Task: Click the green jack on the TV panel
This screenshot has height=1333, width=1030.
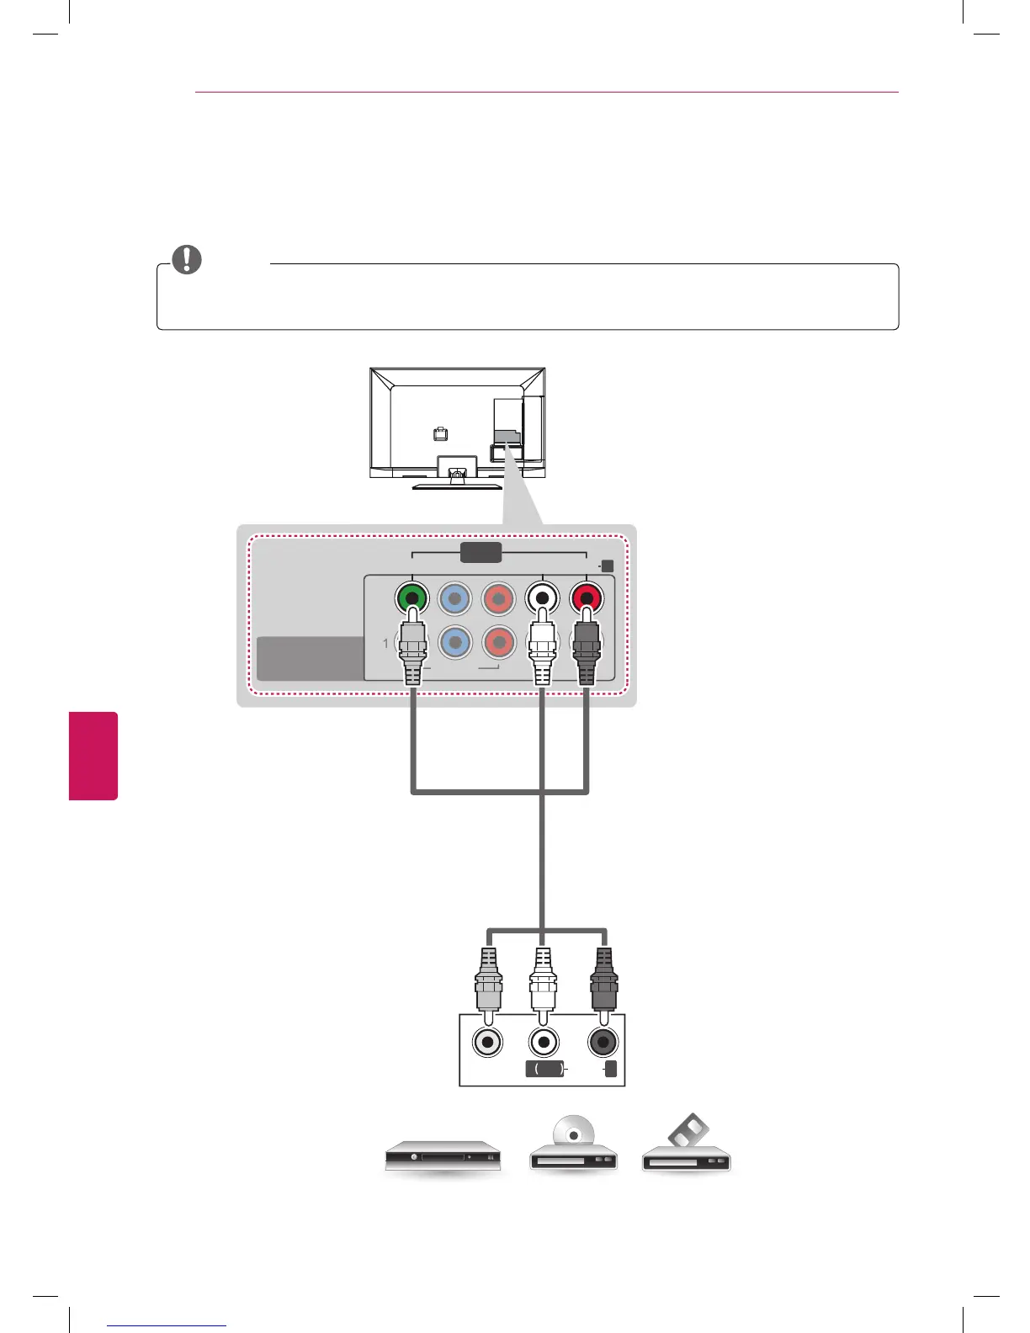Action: pos(411,599)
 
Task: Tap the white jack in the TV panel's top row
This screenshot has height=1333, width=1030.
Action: pos(543,599)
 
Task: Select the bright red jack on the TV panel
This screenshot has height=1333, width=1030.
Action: pos(587,599)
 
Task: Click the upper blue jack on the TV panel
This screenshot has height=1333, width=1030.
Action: pos(455,599)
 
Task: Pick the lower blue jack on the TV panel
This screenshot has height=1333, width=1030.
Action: pos(455,642)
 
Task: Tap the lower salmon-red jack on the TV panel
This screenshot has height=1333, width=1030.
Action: pos(499,642)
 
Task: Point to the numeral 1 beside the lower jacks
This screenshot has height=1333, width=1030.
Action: pos(386,643)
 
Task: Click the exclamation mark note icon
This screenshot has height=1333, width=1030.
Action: pos(187,259)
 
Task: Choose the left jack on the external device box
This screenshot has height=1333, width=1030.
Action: pos(488,1043)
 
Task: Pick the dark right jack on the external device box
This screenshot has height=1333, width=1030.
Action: pos(603,1043)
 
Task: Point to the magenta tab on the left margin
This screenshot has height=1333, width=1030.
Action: pos(93,755)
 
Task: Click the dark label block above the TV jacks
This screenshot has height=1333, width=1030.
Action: pos(481,553)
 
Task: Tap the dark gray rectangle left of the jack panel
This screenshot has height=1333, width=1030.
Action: pos(310,658)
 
